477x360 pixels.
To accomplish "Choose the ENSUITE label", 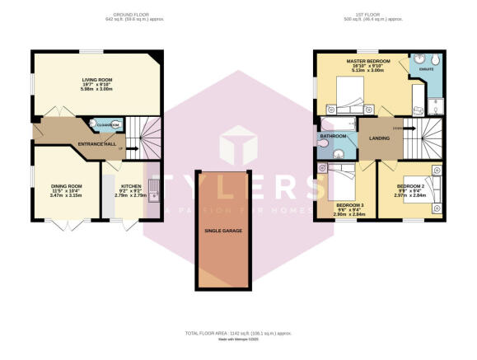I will (x=426, y=70).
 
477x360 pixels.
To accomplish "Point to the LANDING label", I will (x=378, y=138).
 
